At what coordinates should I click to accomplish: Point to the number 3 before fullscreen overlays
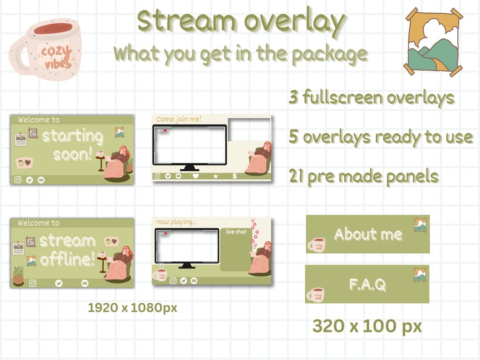[x=293, y=97]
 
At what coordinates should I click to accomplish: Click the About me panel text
[x=368, y=234]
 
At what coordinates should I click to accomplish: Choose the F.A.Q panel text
[x=367, y=284]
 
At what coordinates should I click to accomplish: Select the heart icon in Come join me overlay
[x=196, y=176]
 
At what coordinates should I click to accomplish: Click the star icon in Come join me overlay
[x=216, y=176]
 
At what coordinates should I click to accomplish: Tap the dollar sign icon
[x=235, y=176]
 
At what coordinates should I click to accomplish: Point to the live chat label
[x=236, y=232]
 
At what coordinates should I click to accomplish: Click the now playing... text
[x=176, y=221]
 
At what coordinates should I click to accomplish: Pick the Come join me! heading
[x=179, y=119]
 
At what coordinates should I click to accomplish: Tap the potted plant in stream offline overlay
[x=18, y=275]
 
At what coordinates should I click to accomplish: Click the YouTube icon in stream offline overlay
[x=85, y=283]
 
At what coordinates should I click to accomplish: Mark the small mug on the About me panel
[x=316, y=244]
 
